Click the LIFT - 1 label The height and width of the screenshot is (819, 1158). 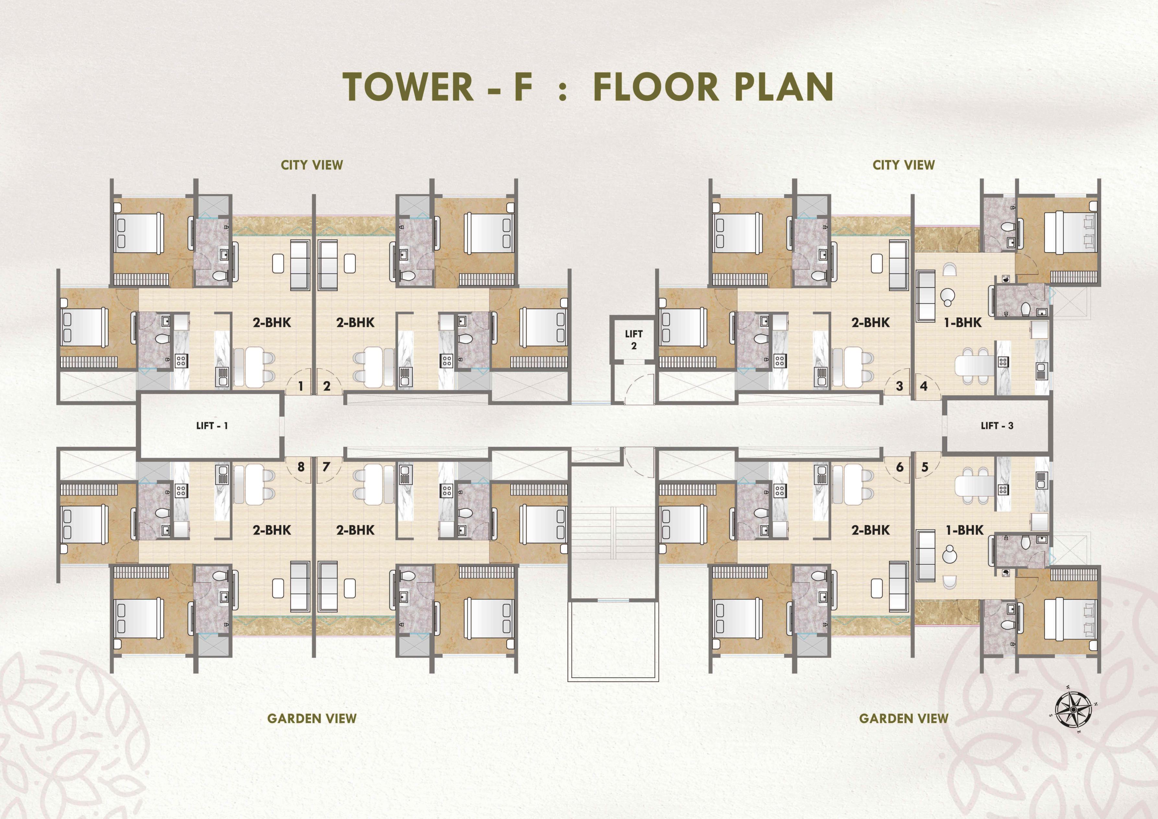click(212, 426)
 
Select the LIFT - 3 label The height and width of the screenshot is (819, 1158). click(997, 426)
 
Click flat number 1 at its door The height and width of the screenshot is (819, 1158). click(301, 386)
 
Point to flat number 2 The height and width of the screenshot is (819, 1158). click(327, 386)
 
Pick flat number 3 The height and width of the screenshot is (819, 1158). click(899, 386)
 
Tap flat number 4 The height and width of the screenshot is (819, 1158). click(924, 386)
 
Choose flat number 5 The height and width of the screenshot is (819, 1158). click(925, 467)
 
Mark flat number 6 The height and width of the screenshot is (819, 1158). click(900, 467)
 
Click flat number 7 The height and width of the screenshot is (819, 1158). click(326, 467)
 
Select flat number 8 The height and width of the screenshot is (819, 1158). click(301, 467)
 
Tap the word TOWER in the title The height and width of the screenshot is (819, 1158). click(408, 87)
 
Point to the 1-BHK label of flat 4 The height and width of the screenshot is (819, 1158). click(963, 322)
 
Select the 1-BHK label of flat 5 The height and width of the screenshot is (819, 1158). click(964, 530)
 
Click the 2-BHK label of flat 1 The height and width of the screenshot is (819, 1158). click(272, 322)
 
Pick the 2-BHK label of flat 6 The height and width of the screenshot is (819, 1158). click(870, 530)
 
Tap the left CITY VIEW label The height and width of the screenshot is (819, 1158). click(312, 165)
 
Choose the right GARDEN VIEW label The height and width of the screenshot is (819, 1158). click(904, 718)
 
